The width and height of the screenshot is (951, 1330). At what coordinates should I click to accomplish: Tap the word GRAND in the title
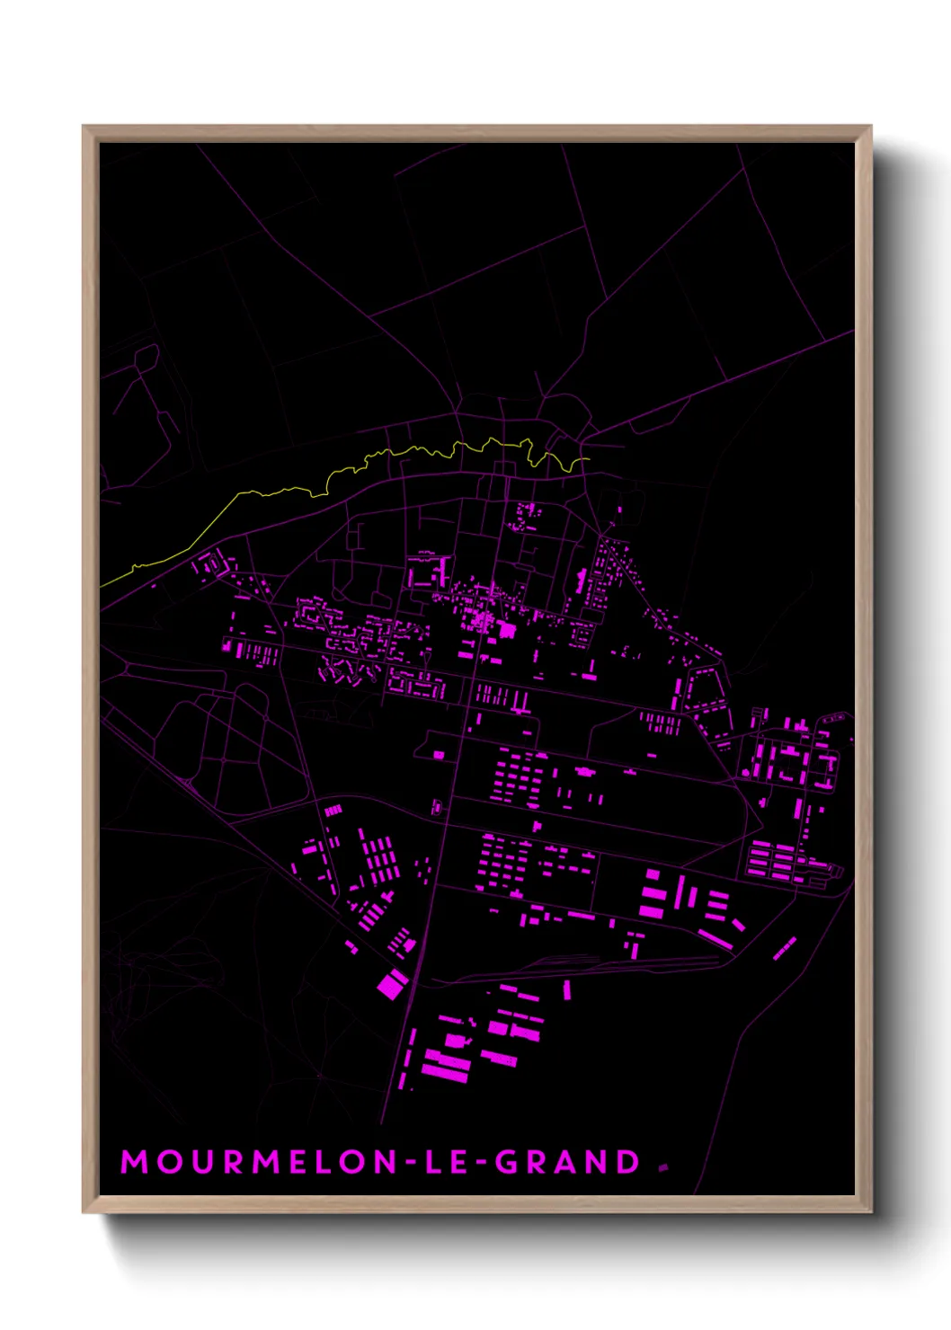(568, 1162)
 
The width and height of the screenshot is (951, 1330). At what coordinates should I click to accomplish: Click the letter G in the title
(509, 1162)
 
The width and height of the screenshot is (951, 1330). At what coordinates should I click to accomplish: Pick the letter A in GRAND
(569, 1162)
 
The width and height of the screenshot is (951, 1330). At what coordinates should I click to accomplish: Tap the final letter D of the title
(628, 1162)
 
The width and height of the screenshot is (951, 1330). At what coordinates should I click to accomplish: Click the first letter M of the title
(134, 1162)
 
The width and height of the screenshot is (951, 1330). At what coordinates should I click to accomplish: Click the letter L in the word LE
(433, 1162)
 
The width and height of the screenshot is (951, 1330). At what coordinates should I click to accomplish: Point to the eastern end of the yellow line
(588, 460)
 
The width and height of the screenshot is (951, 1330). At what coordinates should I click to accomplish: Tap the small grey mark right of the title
(663, 1167)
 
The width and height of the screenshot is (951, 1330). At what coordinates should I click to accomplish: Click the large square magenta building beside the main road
(392, 984)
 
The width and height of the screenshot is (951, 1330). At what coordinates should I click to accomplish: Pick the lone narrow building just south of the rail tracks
(566, 989)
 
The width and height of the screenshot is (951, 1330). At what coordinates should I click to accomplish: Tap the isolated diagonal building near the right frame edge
(785, 948)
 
